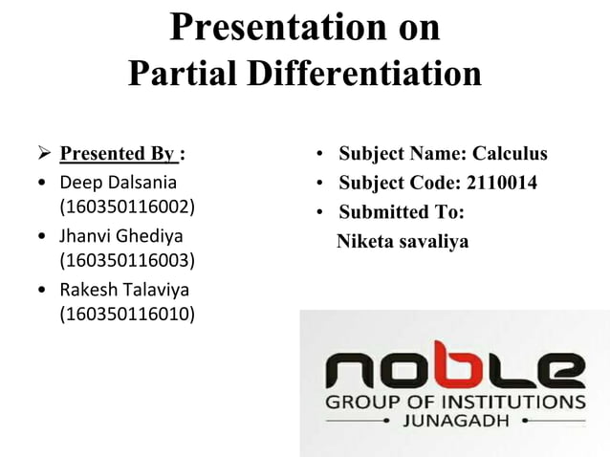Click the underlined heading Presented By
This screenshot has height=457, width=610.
[x=118, y=154]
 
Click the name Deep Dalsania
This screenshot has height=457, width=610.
[x=119, y=181]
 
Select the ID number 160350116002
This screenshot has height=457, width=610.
[x=127, y=207]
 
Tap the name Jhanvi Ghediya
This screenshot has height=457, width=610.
[x=121, y=234]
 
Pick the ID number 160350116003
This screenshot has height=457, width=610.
[x=127, y=260]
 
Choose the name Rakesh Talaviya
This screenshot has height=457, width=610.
[x=124, y=288]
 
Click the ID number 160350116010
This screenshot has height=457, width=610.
[x=127, y=314]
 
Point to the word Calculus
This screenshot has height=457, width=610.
[x=511, y=154]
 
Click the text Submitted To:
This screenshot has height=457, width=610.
[x=401, y=212]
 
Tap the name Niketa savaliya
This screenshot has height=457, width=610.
[x=403, y=242]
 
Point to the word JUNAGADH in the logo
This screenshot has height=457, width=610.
[x=457, y=420]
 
